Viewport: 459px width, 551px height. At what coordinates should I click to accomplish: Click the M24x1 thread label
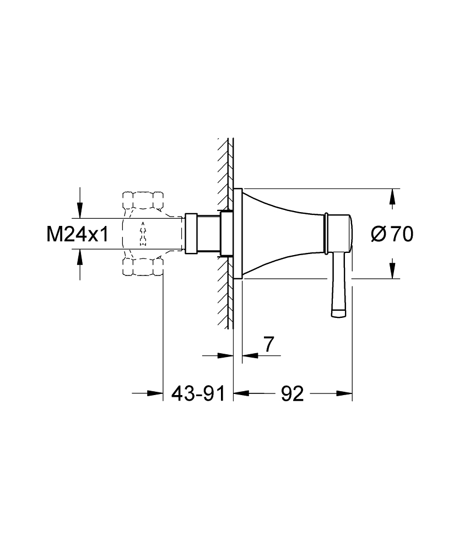pyautogui.click(x=78, y=234)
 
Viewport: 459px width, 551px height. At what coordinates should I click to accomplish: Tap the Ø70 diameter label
pyautogui.click(x=392, y=234)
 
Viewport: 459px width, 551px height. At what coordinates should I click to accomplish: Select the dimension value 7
pyautogui.click(x=268, y=344)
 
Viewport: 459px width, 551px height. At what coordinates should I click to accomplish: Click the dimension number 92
pyautogui.click(x=292, y=393)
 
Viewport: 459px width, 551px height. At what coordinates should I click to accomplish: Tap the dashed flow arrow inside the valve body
pyautogui.click(x=143, y=234)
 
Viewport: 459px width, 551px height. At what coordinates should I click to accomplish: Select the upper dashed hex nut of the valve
pyautogui.click(x=143, y=201)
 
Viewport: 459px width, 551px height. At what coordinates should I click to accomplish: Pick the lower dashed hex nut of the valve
pyautogui.click(x=143, y=266)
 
